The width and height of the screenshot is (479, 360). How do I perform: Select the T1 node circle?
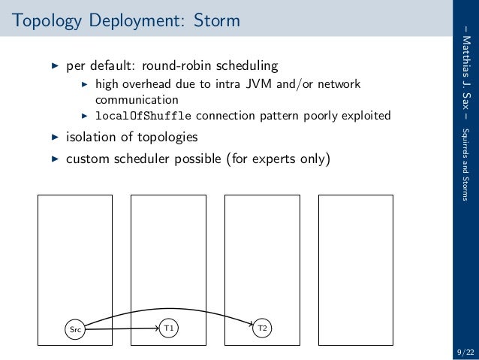pyautogui.click(x=169, y=328)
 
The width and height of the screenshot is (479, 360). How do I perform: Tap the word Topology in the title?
pyautogui.click(x=42, y=20)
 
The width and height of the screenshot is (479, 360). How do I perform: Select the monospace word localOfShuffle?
pyautogui.click(x=143, y=116)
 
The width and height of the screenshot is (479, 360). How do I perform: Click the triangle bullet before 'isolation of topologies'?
pyautogui.click(x=53, y=138)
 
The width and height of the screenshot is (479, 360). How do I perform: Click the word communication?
pyautogui.click(x=137, y=99)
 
